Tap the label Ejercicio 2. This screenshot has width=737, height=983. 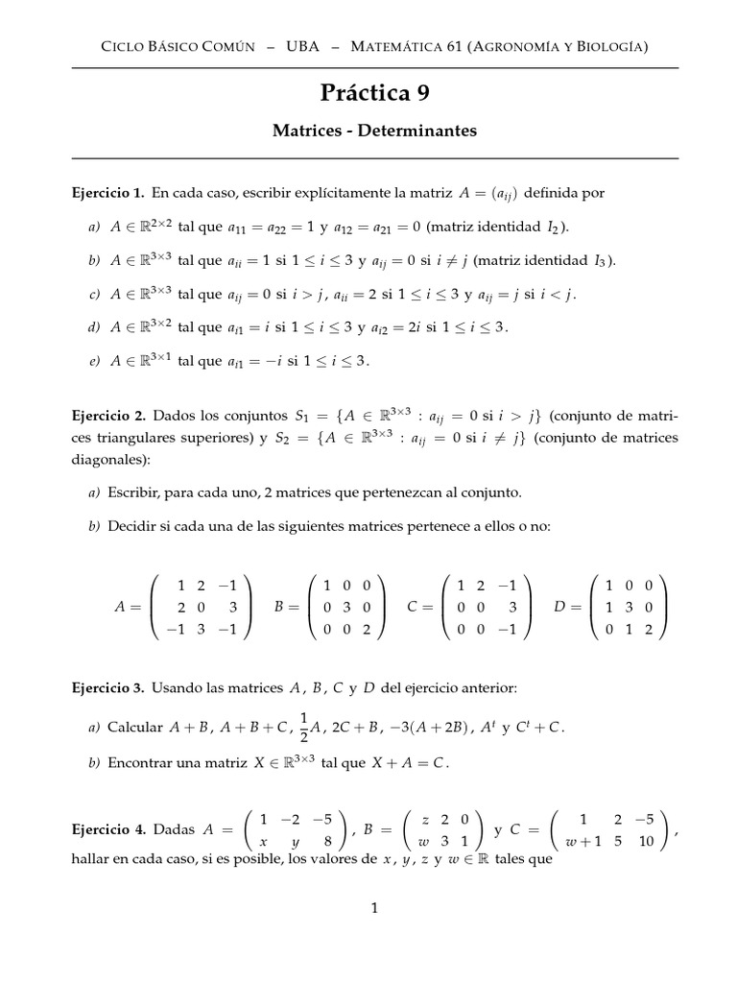pyautogui.click(x=108, y=416)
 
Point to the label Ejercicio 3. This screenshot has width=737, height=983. pyautogui.click(x=108, y=688)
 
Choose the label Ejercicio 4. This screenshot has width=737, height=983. pyautogui.click(x=108, y=828)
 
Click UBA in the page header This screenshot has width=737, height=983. pyautogui.click(x=303, y=46)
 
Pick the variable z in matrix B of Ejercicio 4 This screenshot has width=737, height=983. pyautogui.click(x=425, y=819)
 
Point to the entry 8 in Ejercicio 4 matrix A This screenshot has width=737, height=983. pyautogui.click(x=328, y=840)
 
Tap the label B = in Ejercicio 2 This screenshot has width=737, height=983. pyautogui.click(x=287, y=607)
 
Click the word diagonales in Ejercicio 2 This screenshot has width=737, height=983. pyautogui.click(x=110, y=459)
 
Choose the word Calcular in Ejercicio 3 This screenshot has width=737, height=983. pyautogui.click(x=134, y=728)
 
